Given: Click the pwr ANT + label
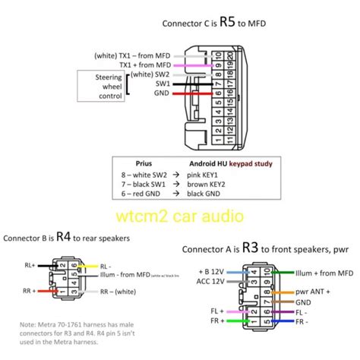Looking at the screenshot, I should pos(311,292).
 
